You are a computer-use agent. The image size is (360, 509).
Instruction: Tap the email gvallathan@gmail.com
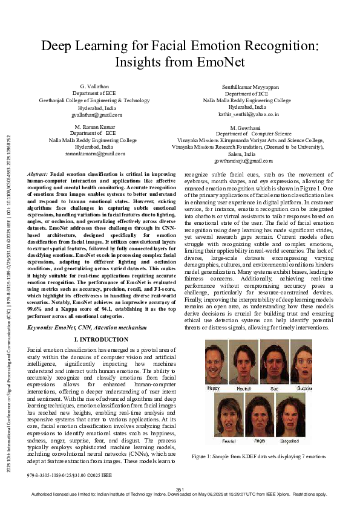(97, 114)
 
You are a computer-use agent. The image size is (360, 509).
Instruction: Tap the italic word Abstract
(38, 174)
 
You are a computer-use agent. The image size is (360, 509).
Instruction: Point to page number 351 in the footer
(180, 488)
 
